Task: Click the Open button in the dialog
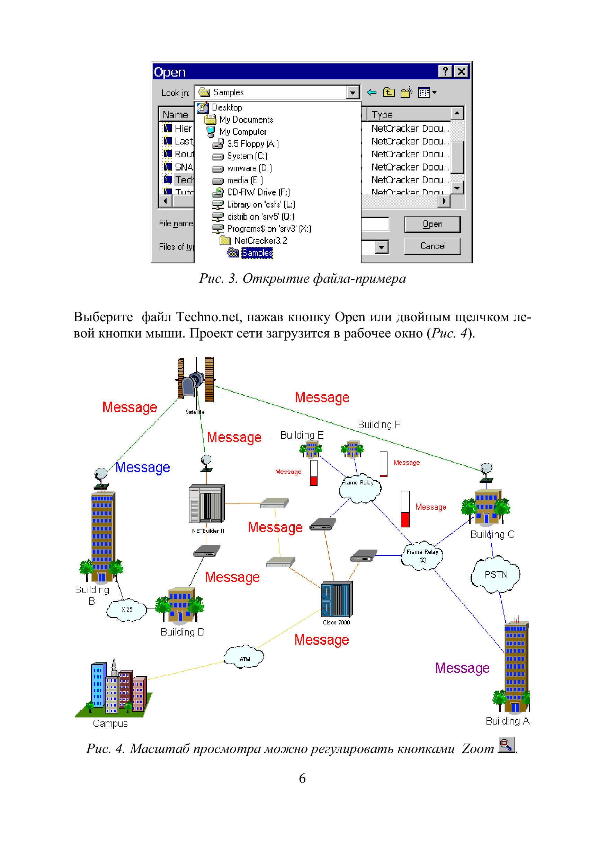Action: [432, 224]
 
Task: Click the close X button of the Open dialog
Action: [461, 71]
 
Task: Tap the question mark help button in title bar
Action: [445, 71]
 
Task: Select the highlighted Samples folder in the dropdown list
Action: [257, 253]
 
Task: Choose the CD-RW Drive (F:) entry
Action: [258, 192]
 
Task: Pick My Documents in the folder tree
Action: [246, 120]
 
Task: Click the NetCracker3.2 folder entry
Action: [260, 240]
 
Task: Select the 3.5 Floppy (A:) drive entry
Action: [253, 144]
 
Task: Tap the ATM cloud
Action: [244, 657]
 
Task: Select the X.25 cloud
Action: [127, 610]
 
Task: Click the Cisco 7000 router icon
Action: [337, 599]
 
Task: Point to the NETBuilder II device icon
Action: [207, 503]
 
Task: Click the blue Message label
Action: [142, 468]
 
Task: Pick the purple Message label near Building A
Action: [462, 668]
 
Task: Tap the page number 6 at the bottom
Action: [302, 778]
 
